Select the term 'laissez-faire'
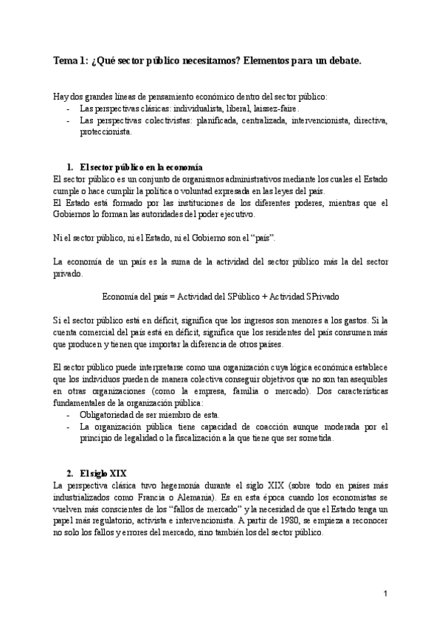275,108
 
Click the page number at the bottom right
385,594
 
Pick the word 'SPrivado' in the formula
318,296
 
